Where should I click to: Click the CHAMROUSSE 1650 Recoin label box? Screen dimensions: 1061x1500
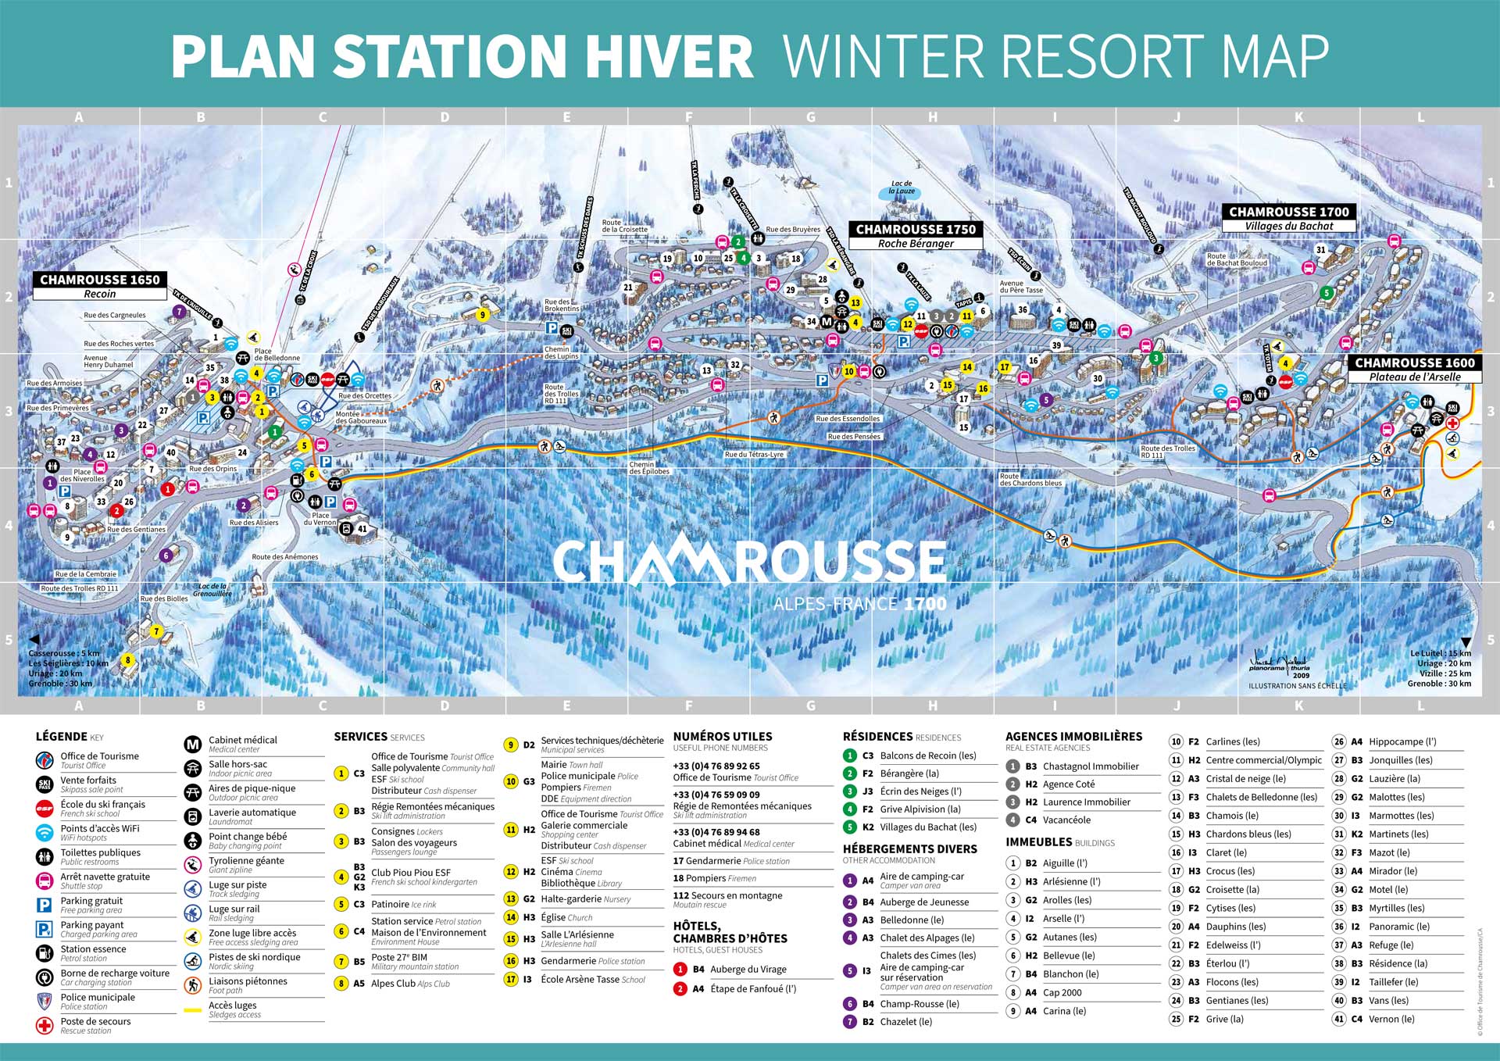100,286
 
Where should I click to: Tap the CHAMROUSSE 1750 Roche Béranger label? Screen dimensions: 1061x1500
916,235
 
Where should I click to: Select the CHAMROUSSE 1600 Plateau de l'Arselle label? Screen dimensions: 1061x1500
1414,369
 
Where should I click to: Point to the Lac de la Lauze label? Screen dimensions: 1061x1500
902,188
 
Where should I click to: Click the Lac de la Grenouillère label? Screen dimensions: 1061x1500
212,590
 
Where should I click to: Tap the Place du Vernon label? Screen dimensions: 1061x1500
320,519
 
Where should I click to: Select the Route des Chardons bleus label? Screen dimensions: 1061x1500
1030,479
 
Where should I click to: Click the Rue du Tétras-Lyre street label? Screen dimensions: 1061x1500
754,454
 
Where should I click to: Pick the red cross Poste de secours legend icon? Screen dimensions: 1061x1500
45,1025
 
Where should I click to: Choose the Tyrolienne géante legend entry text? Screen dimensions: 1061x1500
246,860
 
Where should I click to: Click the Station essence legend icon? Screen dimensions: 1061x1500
45,952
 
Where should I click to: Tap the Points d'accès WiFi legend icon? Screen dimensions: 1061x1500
45,832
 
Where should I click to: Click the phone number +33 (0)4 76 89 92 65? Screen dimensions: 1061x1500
716,766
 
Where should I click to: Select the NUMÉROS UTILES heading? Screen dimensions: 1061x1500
723,736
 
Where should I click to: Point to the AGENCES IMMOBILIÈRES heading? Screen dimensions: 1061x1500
1073,736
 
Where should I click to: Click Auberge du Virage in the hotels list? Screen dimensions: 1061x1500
748,969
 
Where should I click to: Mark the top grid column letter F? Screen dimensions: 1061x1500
688,117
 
